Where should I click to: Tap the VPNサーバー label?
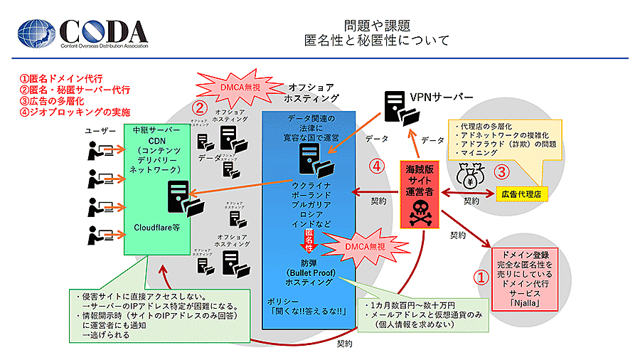441,97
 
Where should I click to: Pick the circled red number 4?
378,167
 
